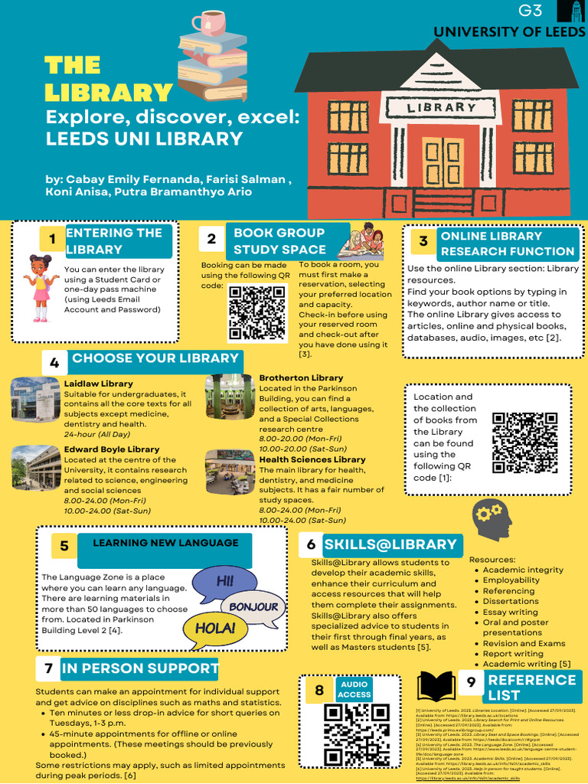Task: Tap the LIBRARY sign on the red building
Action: (x=442, y=108)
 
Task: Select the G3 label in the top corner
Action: (x=530, y=11)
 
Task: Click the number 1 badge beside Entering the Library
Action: (x=52, y=240)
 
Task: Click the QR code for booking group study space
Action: (x=257, y=312)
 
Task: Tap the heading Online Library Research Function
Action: (x=506, y=243)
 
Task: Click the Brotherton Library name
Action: (x=301, y=378)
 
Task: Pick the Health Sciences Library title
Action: (x=312, y=459)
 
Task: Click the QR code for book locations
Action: (x=524, y=443)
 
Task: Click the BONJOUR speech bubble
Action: (x=253, y=606)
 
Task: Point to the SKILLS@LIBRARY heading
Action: (x=390, y=545)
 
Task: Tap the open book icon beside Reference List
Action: (x=440, y=686)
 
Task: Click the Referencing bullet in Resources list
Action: (x=508, y=591)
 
